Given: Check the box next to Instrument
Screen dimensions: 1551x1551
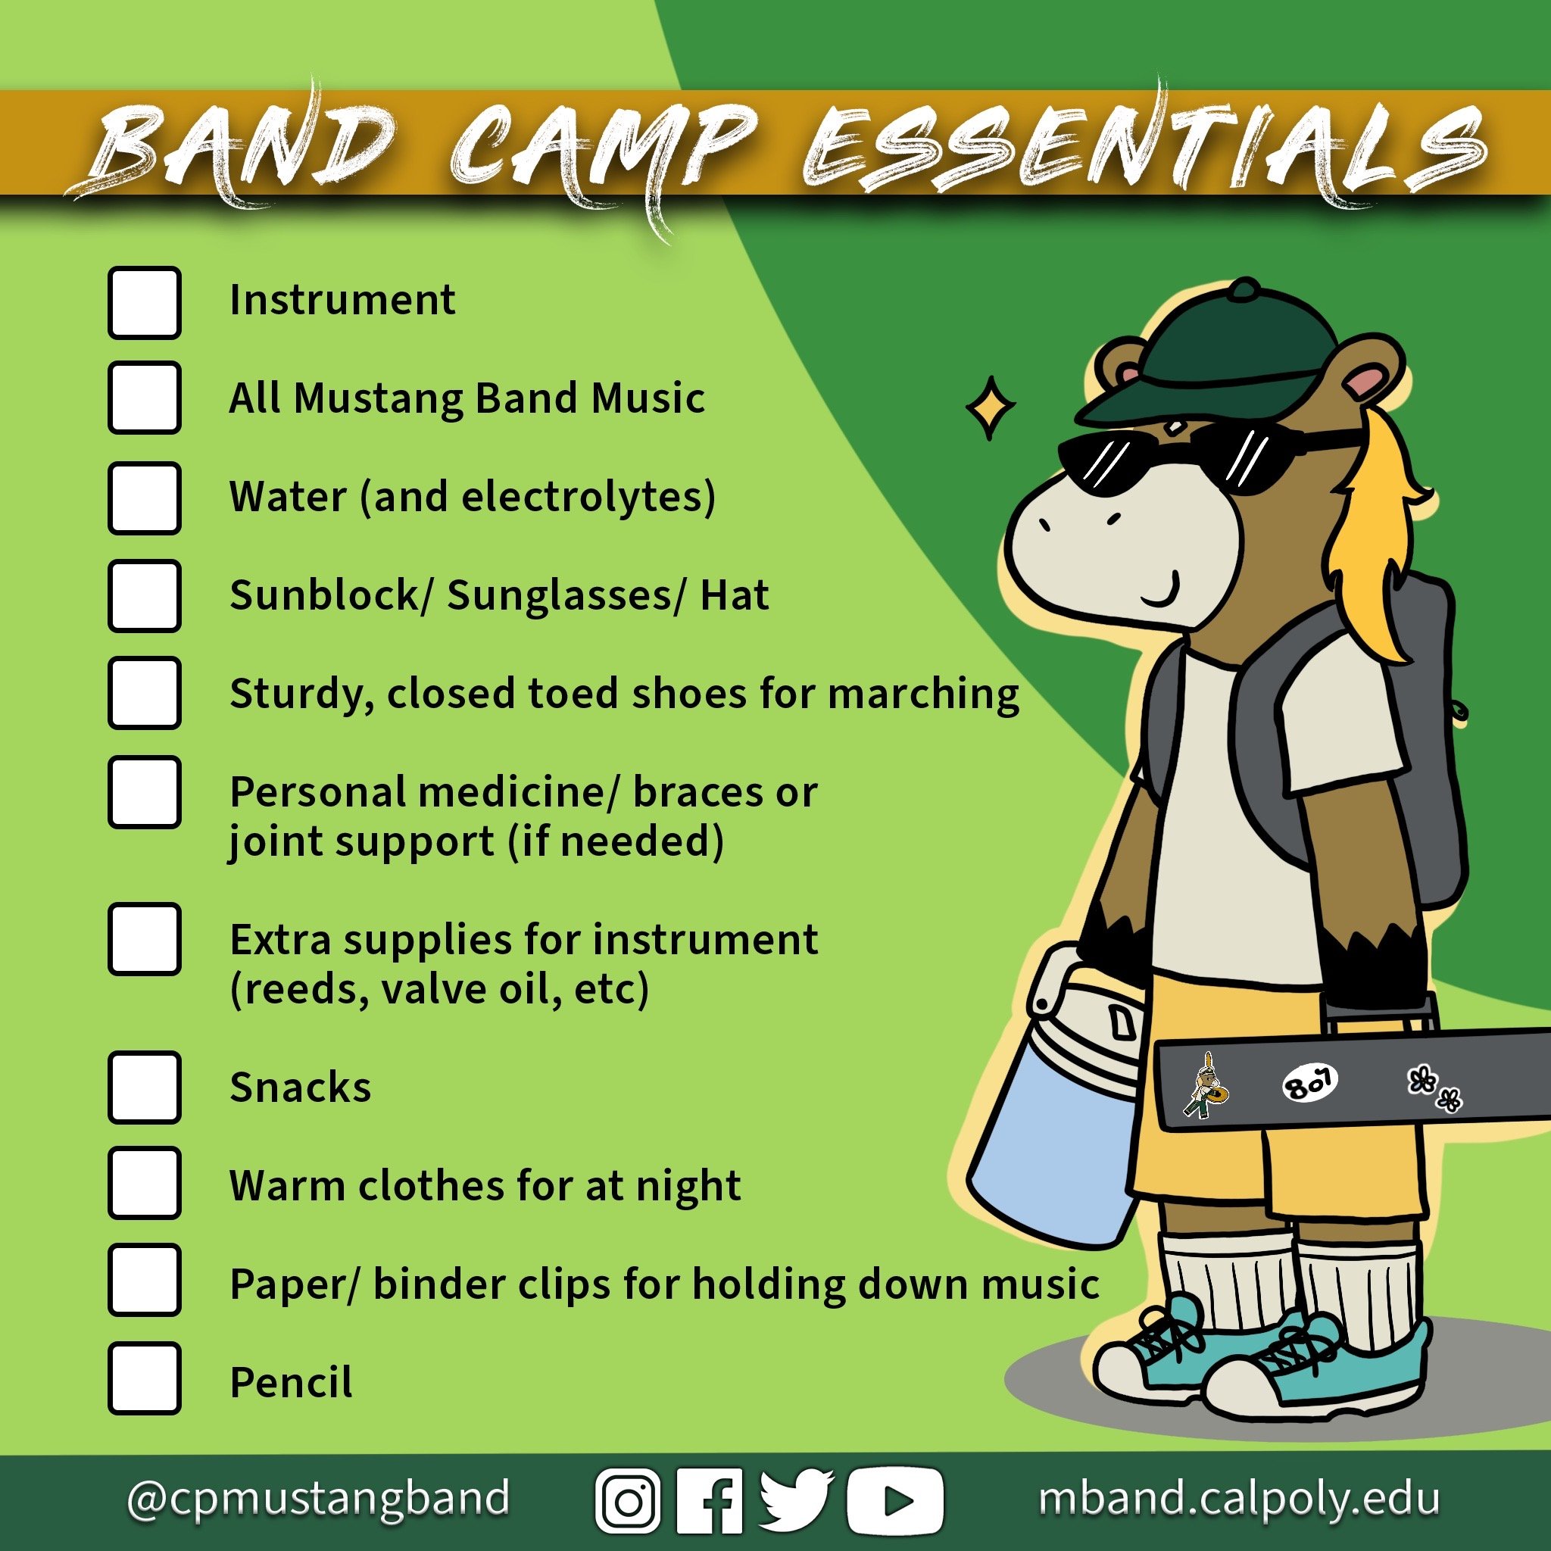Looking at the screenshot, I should click(145, 303).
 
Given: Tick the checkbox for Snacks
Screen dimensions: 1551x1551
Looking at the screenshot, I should click(145, 1088).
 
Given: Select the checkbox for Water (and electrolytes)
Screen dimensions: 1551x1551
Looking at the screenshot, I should click(145, 498).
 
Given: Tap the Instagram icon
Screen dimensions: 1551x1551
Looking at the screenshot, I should click(628, 1500).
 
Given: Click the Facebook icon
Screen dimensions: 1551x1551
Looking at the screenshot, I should click(710, 1500).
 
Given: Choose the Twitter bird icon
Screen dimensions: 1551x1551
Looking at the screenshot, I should click(794, 1499).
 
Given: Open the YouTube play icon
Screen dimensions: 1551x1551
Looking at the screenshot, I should click(894, 1500).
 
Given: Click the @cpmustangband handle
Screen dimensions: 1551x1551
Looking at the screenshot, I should click(318, 1498).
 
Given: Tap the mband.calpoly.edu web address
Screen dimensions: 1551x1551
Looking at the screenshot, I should click(1239, 1498).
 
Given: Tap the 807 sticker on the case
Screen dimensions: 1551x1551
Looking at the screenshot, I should click(1309, 1083).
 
